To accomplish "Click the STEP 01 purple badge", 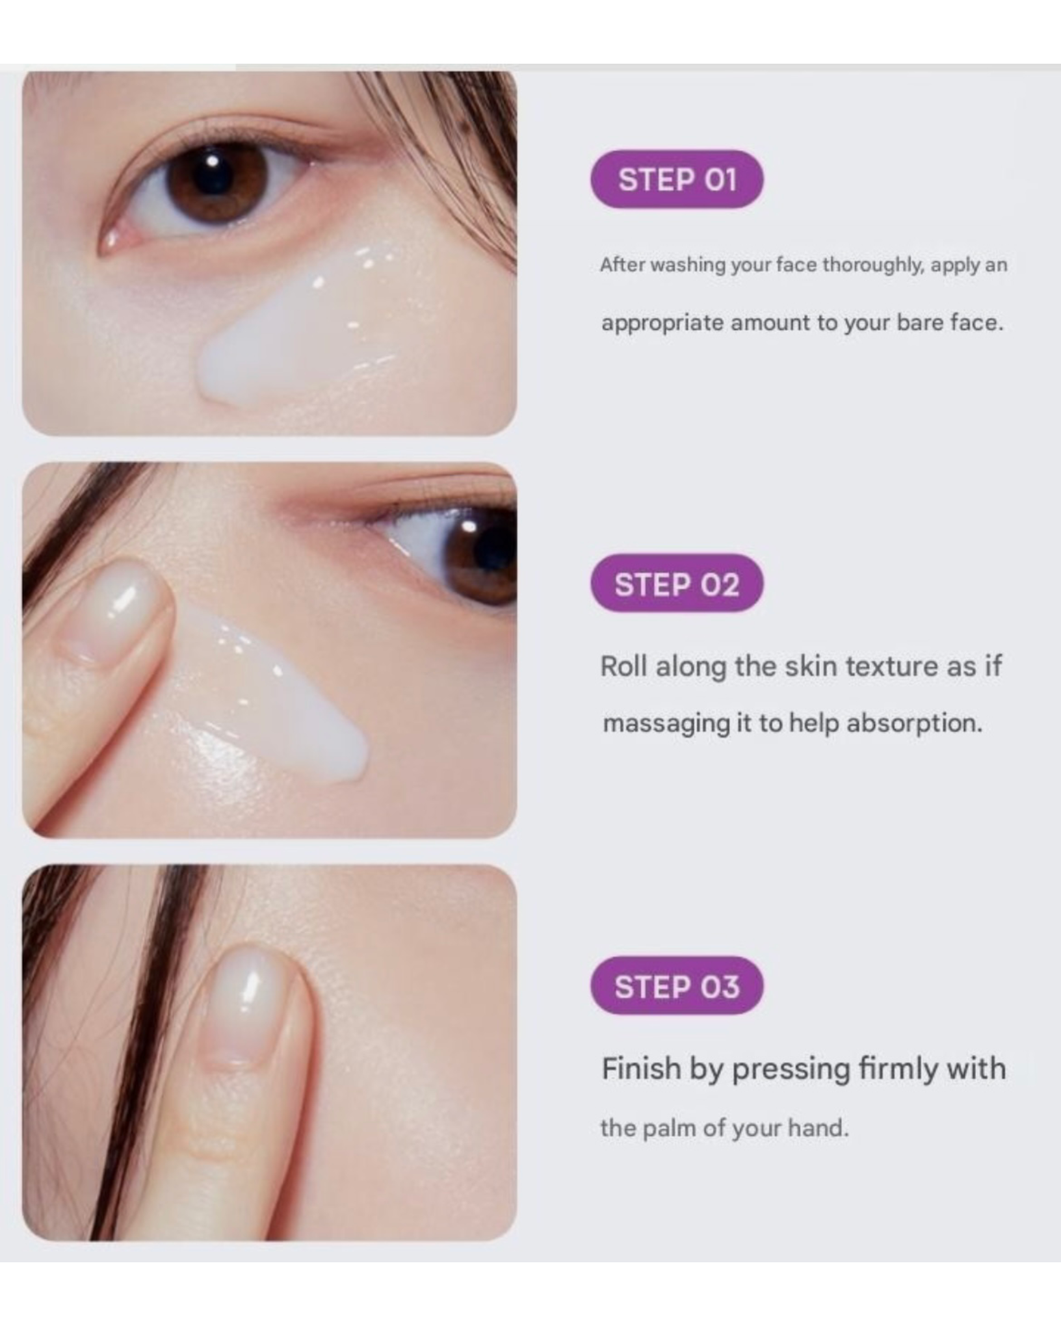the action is pos(677,179).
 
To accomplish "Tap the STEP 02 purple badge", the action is pos(677,583).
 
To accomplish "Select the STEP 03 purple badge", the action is pos(677,985).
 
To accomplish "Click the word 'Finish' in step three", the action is pos(641,1069).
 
